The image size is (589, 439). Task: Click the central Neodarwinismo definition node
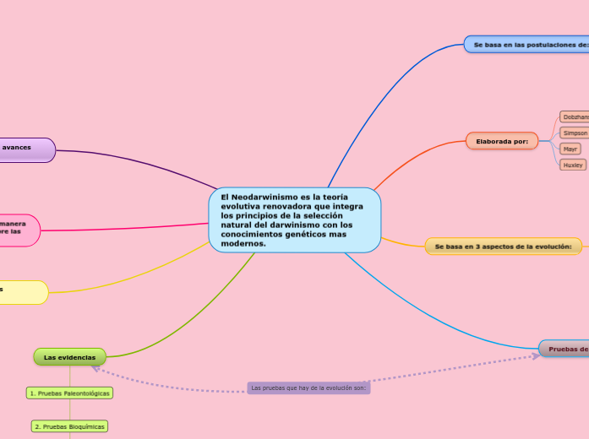[x=294, y=219]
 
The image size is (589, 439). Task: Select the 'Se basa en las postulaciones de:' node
[x=527, y=44]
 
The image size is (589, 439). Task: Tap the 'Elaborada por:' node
[x=502, y=140]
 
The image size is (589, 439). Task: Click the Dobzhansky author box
[x=575, y=117]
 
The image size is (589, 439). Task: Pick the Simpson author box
[x=575, y=133]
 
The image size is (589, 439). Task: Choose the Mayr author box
[x=570, y=149]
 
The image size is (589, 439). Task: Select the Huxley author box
[x=573, y=165]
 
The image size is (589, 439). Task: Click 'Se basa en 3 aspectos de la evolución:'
[x=503, y=247]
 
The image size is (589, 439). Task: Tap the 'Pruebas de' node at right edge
[x=564, y=349]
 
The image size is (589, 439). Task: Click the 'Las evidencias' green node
[x=69, y=357]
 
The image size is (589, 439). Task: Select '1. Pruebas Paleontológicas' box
[x=69, y=393]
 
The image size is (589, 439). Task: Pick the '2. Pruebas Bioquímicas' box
[x=69, y=426]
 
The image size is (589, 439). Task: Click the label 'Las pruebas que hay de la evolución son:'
[x=309, y=388]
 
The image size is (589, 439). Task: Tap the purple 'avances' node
[x=25, y=149]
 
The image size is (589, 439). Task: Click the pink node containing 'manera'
[x=17, y=230]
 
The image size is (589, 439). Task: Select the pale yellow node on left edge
[x=22, y=291]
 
